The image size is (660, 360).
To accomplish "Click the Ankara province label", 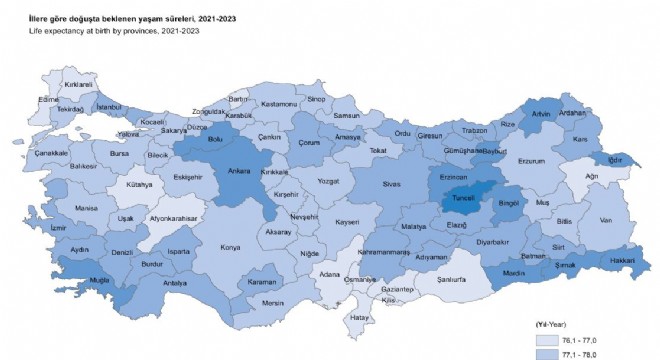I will coord(239,171).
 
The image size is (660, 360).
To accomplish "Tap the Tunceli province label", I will coord(463,198).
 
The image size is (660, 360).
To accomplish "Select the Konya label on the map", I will coord(231,247).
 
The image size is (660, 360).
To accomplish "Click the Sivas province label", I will coord(391,184).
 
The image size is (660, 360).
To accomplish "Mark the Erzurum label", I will coord(530,160).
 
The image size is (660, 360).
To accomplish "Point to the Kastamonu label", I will coord(279,104).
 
